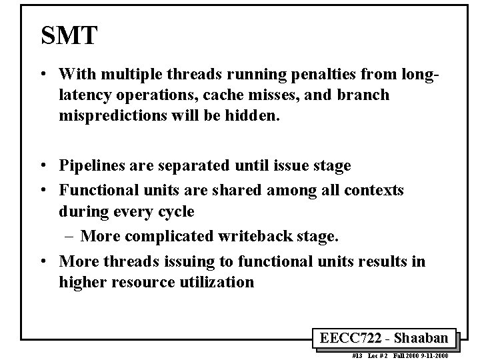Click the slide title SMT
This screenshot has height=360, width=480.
tap(69, 36)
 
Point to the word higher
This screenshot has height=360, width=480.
tap(84, 282)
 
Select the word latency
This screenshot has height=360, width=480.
tap(84, 95)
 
